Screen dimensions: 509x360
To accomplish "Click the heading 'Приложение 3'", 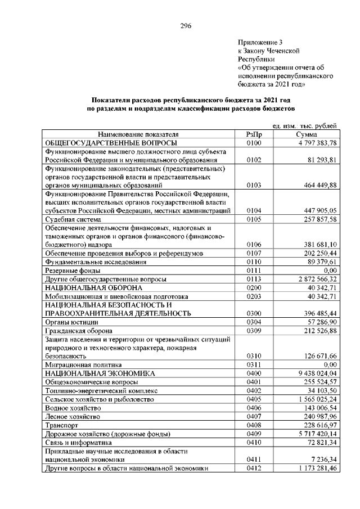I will pyautogui.click(x=262, y=42).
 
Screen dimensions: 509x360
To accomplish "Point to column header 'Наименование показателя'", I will pyautogui.click(x=138, y=135).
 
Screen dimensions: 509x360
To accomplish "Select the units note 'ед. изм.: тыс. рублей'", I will pyautogui.click(x=304, y=127).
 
